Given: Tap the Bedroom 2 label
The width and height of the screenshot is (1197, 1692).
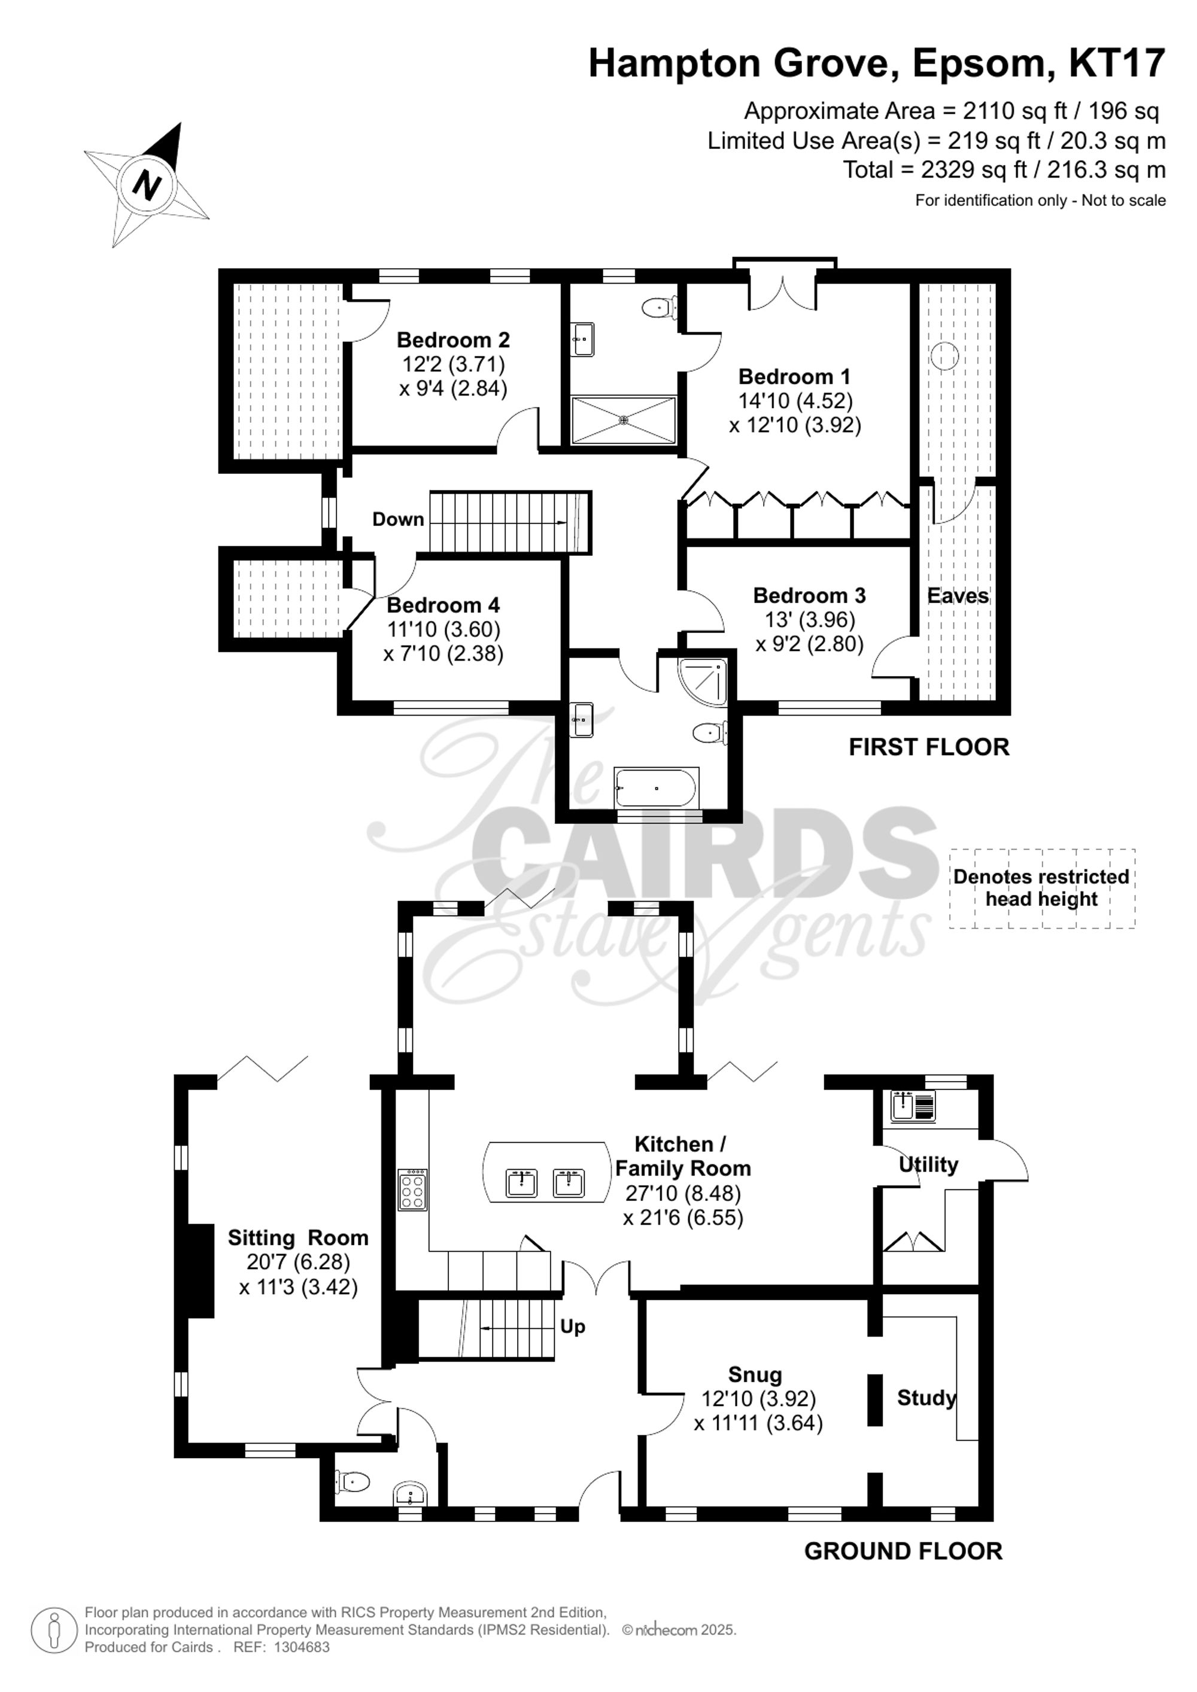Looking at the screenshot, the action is (453, 340).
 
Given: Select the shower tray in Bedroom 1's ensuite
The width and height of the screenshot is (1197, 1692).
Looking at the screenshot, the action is (624, 420).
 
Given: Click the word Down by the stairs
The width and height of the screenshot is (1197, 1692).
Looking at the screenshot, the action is (398, 519).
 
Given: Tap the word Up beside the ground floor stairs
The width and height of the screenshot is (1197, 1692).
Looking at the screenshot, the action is (573, 1326).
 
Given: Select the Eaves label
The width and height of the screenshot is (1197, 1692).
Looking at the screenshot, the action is (958, 595).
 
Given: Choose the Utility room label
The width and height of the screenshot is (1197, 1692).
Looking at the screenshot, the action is (928, 1165).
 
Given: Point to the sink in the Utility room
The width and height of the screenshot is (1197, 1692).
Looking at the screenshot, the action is (913, 1106).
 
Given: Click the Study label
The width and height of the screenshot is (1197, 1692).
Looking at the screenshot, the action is (926, 1398).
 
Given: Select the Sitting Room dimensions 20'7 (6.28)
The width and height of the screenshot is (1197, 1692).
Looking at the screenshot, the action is (299, 1262).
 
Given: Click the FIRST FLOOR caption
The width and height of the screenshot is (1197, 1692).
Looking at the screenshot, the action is (929, 747).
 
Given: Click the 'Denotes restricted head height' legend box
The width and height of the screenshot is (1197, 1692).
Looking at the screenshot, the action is (1041, 888).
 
